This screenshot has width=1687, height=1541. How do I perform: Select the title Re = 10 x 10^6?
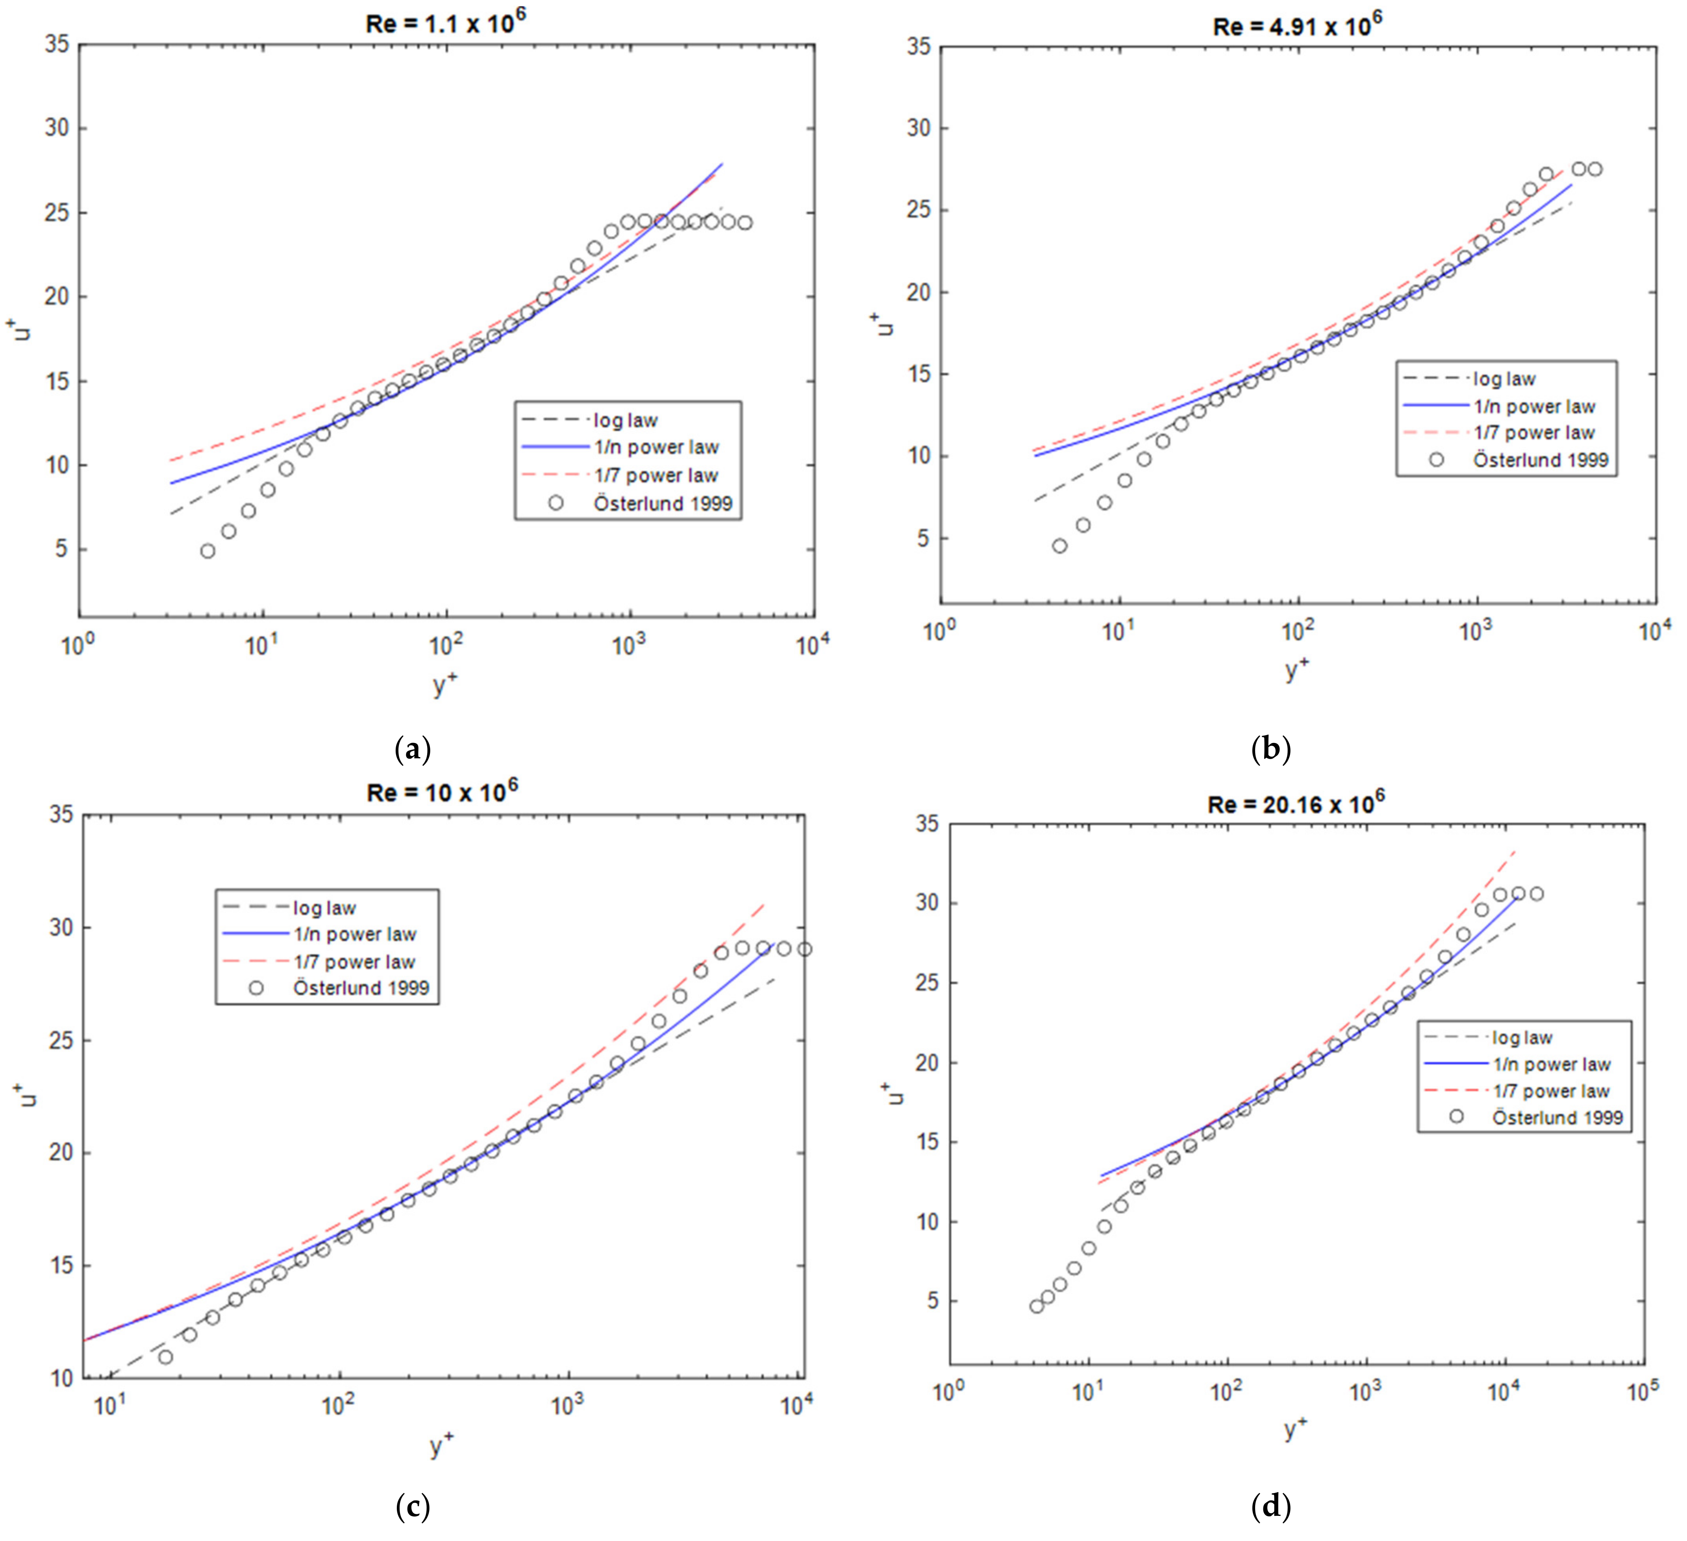442,791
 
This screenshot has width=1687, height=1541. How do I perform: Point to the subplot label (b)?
1270,749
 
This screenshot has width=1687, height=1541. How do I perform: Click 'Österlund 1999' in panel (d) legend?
1557,1118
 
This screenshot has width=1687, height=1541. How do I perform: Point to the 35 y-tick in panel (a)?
57,44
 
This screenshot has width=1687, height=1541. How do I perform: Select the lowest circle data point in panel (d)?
1037,1306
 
